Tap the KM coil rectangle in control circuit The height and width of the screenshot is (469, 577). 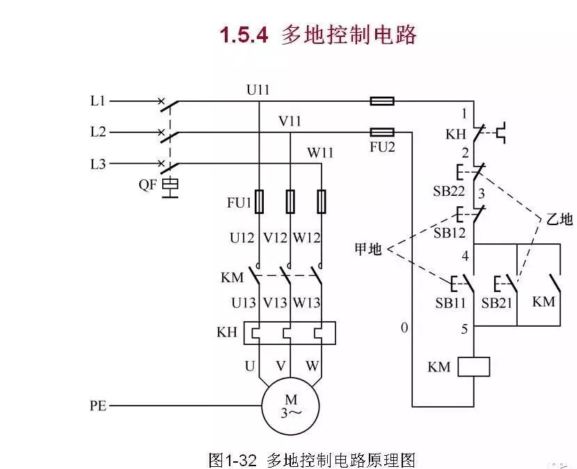click(x=473, y=367)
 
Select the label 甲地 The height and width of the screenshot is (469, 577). click(x=368, y=249)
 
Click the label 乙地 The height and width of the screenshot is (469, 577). click(x=558, y=219)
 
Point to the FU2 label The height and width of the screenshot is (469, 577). click(x=382, y=148)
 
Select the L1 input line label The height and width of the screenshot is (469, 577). click(x=98, y=101)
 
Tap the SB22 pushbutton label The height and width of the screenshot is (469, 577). click(x=450, y=191)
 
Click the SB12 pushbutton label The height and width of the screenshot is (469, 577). click(x=450, y=233)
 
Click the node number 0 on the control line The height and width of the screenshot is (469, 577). click(x=404, y=328)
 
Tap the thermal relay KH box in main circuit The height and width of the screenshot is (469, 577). click(x=289, y=333)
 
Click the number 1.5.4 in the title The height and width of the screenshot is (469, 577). click(x=244, y=35)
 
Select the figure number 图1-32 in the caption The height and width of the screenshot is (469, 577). click(x=233, y=460)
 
